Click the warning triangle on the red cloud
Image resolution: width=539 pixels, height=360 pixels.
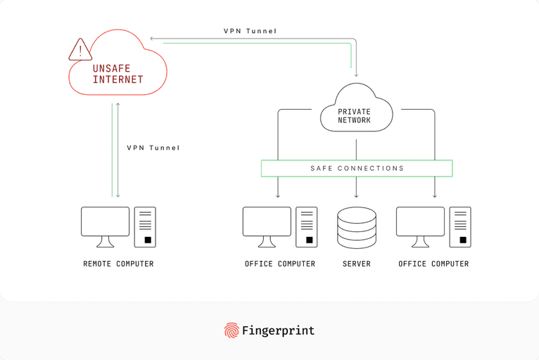pyautogui.click(x=80, y=50)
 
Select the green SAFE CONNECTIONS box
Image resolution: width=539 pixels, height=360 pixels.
pyautogui.click(x=357, y=169)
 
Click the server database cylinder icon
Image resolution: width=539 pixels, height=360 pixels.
pyautogui.click(x=357, y=227)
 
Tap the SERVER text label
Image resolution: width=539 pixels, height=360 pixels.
pyautogui.click(x=357, y=264)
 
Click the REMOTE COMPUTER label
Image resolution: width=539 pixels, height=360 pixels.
pyautogui.click(x=118, y=264)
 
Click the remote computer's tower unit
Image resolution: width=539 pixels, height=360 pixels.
pyautogui.click(x=145, y=226)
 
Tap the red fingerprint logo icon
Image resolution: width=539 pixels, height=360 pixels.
pyautogui.click(x=232, y=330)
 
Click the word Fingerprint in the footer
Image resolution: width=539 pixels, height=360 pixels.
pyautogui.click(x=279, y=330)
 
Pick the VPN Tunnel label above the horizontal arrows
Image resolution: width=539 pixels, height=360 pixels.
pyautogui.click(x=251, y=32)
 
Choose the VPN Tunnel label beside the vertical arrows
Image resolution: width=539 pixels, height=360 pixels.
pyautogui.click(x=153, y=148)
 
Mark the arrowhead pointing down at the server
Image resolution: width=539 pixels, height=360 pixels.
pyautogui.click(x=357, y=195)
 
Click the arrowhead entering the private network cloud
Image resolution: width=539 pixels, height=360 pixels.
pyautogui.click(x=357, y=74)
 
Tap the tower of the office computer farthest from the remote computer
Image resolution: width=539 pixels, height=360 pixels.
pyautogui.click(x=460, y=226)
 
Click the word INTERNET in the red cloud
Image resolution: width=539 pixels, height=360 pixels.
pyautogui.click(x=118, y=79)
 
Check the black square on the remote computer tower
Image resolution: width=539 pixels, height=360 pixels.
pyautogui.click(x=148, y=240)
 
